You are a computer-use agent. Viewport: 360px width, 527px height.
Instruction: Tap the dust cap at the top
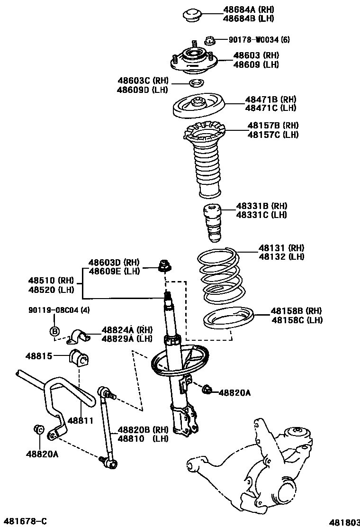[193, 14]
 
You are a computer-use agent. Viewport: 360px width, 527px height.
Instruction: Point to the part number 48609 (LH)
[256, 64]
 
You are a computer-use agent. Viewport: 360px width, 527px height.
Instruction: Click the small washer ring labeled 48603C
[196, 84]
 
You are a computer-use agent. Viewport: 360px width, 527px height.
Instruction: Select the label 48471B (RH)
[270, 100]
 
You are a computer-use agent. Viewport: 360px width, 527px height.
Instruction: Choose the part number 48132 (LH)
[281, 256]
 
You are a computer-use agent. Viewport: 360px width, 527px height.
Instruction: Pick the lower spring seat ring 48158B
[229, 319]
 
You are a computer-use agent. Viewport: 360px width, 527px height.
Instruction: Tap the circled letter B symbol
[54, 331]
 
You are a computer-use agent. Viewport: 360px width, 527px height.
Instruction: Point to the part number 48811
[80, 420]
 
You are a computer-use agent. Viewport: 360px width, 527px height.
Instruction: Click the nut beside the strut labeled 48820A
[207, 391]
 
